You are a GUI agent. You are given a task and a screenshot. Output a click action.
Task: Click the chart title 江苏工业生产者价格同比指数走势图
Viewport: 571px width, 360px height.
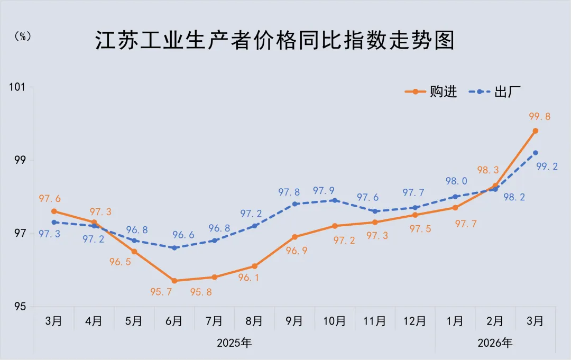[x=275, y=41]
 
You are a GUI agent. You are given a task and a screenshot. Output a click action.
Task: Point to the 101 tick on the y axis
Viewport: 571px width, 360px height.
[x=21, y=87]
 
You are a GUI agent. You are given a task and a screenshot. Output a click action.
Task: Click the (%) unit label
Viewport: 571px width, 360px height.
[x=23, y=36]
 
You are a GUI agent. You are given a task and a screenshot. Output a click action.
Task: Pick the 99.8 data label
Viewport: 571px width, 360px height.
[x=539, y=117]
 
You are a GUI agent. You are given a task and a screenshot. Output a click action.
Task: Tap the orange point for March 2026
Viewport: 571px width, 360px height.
[x=535, y=131]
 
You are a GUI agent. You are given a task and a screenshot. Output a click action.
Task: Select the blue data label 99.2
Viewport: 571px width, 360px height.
[x=547, y=167]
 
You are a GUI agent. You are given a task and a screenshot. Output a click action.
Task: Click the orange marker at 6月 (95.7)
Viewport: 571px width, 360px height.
[x=174, y=281]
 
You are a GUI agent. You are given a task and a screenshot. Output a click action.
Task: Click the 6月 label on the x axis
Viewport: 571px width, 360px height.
[x=174, y=321]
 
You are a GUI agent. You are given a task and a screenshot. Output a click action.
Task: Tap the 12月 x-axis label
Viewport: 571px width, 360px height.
[x=415, y=321]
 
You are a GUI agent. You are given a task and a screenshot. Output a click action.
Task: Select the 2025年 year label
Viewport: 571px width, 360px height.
[x=234, y=343]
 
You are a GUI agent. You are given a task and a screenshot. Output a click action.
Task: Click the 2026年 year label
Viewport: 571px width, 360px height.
[x=495, y=343]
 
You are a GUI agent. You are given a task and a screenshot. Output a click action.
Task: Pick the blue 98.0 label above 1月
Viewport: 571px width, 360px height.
[x=456, y=181]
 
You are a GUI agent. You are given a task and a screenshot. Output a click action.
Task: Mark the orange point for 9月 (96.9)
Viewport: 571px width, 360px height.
[x=294, y=237]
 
